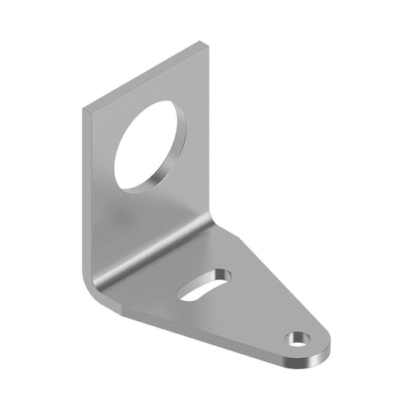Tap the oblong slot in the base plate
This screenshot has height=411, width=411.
(205, 285)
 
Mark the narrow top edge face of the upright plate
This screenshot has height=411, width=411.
(144, 75)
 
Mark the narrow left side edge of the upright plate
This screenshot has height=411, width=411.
(83, 193)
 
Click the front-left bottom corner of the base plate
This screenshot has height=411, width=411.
(119, 308)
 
